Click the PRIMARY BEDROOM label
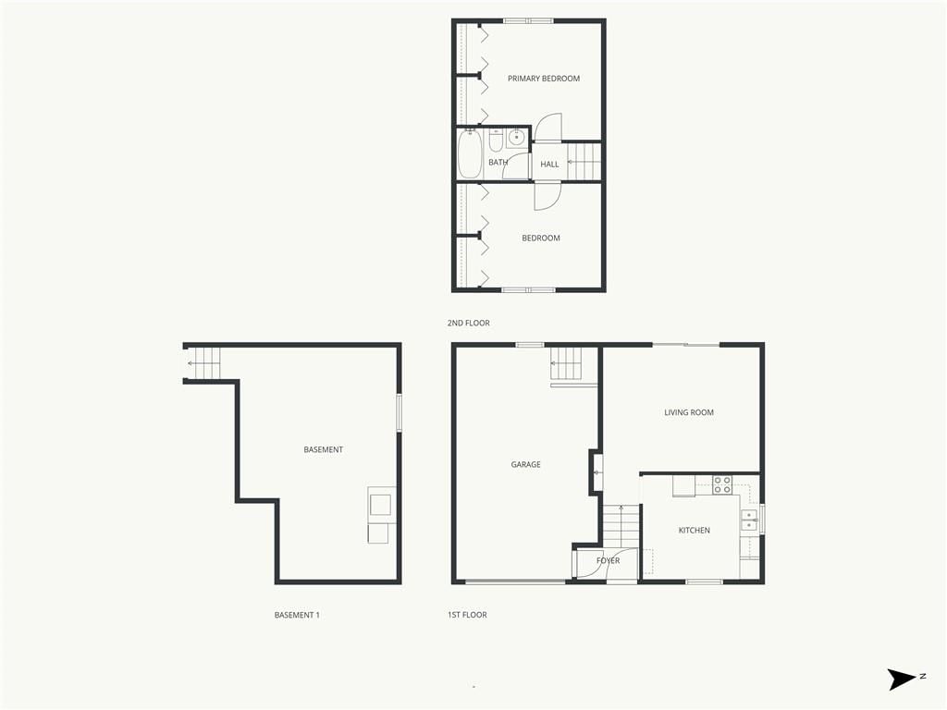click(544, 79)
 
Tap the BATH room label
click(498, 163)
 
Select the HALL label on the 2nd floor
click(549, 165)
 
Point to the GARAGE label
click(525, 464)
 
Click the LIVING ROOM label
click(688, 412)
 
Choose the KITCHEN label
click(694, 530)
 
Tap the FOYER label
click(608, 561)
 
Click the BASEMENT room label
click(323, 449)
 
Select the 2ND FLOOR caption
click(468, 323)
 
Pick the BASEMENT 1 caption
click(297, 615)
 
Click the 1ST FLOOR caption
click(467, 615)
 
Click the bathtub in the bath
click(470, 154)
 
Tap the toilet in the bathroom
click(496, 141)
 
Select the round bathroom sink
click(516, 139)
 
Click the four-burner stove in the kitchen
click(722, 484)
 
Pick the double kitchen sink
click(749, 520)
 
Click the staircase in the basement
click(203, 363)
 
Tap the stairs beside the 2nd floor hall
click(584, 162)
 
